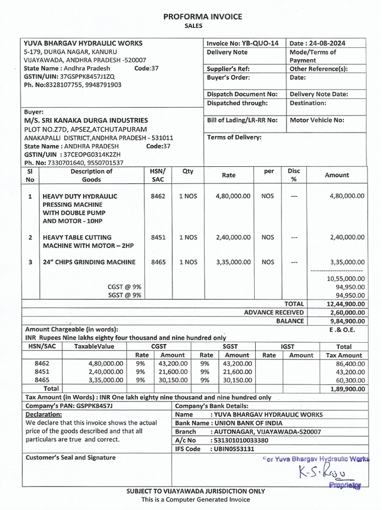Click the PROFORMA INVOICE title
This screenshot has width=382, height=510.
pyautogui.click(x=203, y=16)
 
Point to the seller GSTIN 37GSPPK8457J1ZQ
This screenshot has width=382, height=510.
pyautogui.click(x=87, y=77)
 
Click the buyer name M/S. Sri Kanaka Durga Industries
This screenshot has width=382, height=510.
pyautogui.click(x=86, y=120)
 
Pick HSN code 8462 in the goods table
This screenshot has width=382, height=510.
pyautogui.click(x=158, y=196)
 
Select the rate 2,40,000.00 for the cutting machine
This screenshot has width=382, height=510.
pyautogui.click(x=233, y=238)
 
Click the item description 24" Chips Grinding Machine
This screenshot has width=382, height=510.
pyautogui.click(x=89, y=262)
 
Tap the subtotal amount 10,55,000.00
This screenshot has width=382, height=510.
pyautogui.click(x=346, y=278)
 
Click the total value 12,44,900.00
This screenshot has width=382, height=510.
pyautogui.click(x=346, y=304)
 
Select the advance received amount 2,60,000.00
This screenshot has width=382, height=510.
pyautogui.click(x=346, y=312)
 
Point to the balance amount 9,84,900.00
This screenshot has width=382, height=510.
pyautogui.click(x=346, y=321)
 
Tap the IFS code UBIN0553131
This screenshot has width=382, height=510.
pyautogui.click(x=233, y=449)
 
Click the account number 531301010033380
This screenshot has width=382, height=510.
pyautogui.click(x=240, y=440)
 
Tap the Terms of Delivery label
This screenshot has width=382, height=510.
pyautogui.click(x=234, y=137)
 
